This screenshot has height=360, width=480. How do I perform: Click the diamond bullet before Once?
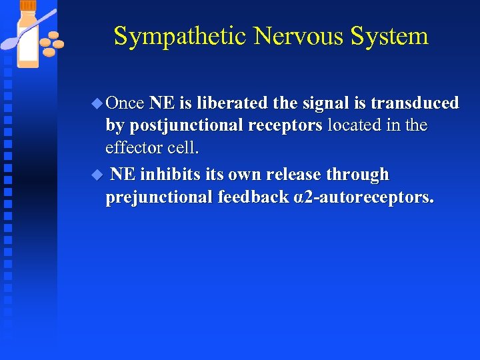click(x=97, y=103)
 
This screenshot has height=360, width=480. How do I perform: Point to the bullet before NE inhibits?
click(x=97, y=175)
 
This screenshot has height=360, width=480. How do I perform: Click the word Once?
click(x=125, y=103)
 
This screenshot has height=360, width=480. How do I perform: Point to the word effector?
click(x=132, y=147)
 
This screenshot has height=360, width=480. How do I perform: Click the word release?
click(x=290, y=175)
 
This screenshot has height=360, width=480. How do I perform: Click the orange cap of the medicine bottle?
click(x=29, y=6)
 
